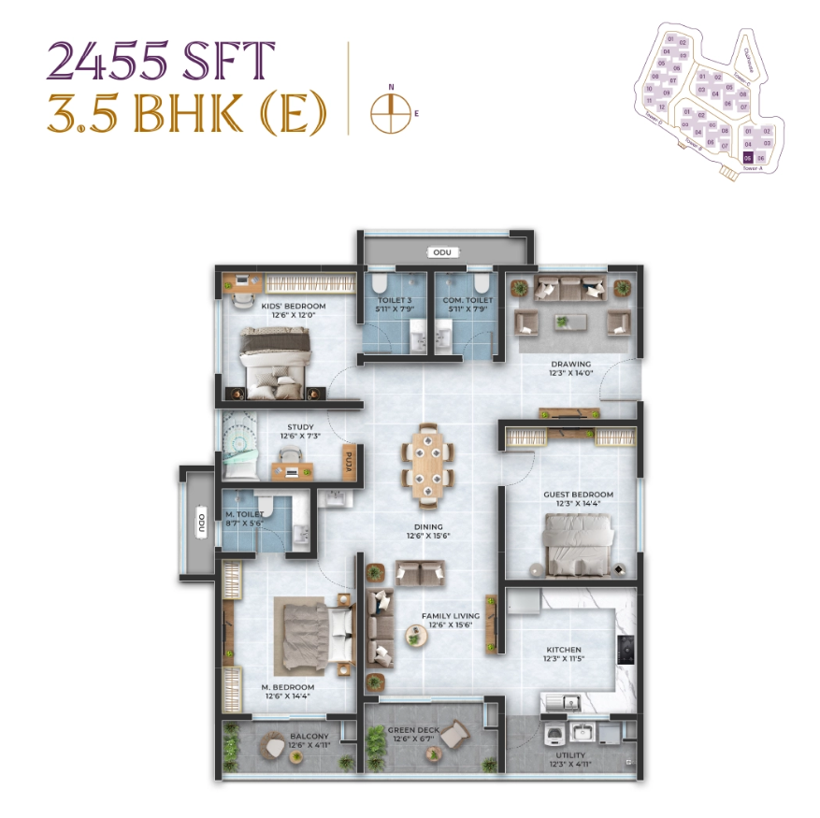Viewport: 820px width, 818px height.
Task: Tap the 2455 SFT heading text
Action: (x=161, y=62)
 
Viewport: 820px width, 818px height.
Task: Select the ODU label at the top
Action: (x=439, y=252)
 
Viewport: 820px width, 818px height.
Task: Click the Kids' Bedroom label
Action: (x=293, y=307)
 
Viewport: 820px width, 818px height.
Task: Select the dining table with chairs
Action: (x=428, y=462)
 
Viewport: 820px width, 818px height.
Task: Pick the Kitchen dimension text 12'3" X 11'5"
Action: (x=564, y=660)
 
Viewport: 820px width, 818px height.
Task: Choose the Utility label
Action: (x=569, y=754)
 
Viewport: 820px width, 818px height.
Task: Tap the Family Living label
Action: (x=451, y=616)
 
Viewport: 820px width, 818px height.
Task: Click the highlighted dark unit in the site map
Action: (x=748, y=159)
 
